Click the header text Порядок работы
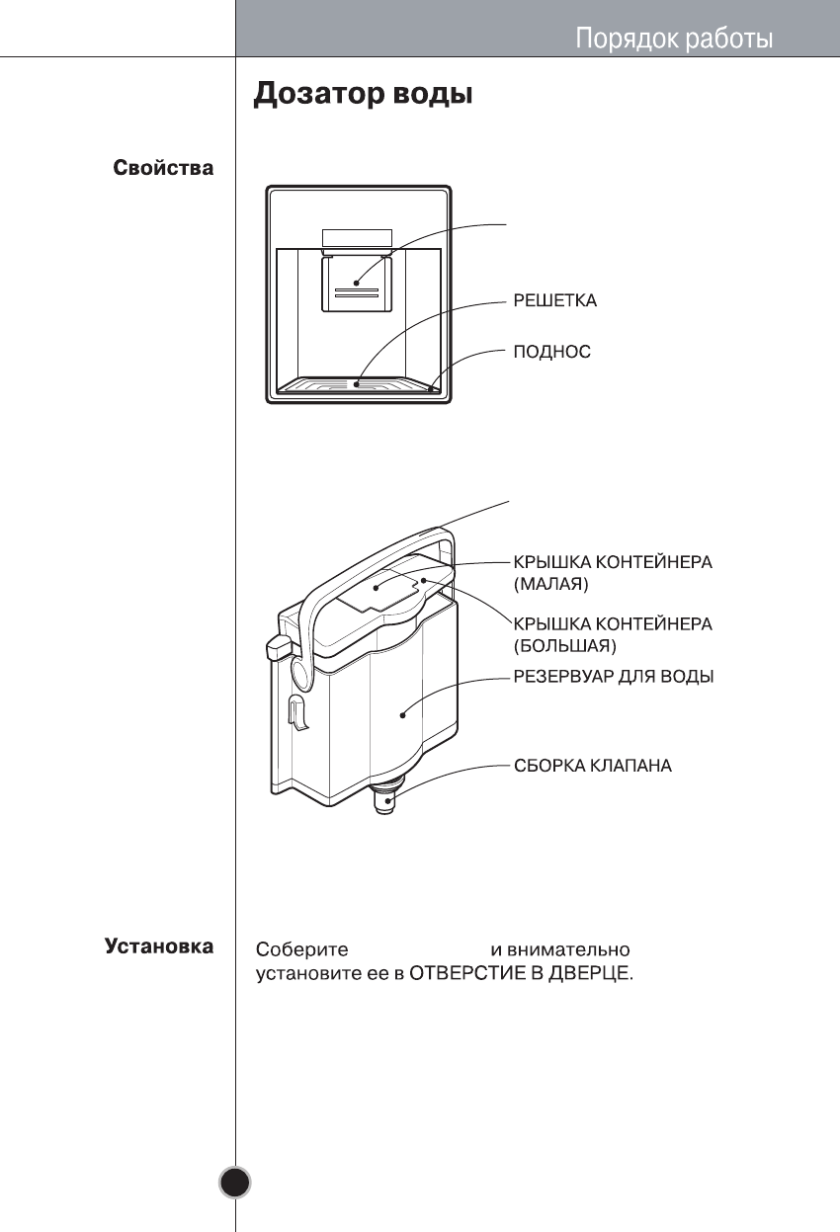[x=674, y=40]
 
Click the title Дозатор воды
[x=364, y=95]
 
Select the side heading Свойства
[x=162, y=168]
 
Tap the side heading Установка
[x=159, y=947]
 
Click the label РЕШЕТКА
[x=554, y=300]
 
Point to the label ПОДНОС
[x=551, y=352]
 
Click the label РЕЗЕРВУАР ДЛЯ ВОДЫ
[x=613, y=677]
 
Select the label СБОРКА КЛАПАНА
[x=592, y=766]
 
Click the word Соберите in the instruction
[x=302, y=949]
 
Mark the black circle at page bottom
[x=235, y=1182]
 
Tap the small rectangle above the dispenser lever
[x=357, y=238]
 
